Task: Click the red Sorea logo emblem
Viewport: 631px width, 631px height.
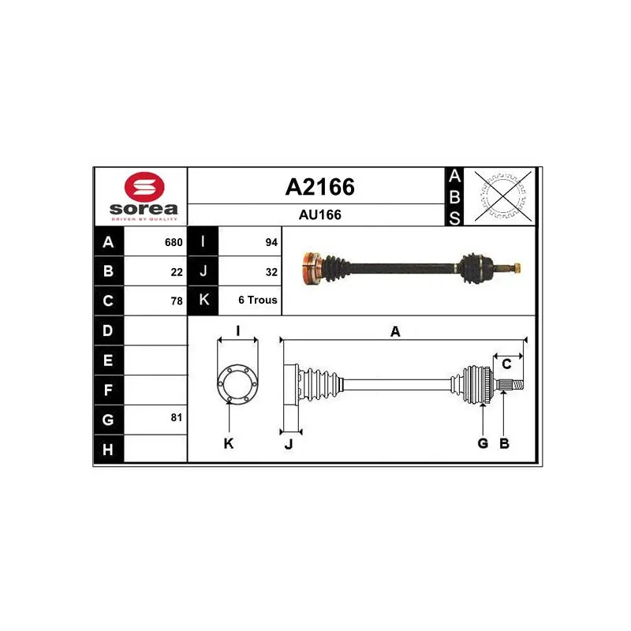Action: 144,187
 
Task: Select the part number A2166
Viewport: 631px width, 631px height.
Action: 320,187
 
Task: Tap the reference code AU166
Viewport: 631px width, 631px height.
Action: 320,215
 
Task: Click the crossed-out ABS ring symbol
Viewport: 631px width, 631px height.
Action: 503,196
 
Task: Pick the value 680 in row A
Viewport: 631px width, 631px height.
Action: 174,242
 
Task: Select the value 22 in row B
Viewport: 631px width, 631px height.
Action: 177,272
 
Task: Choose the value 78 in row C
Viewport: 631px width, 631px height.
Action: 177,301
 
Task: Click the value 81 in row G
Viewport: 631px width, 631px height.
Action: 177,417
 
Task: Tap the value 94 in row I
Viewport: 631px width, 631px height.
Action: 271,242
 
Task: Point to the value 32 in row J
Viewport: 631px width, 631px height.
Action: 271,272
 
